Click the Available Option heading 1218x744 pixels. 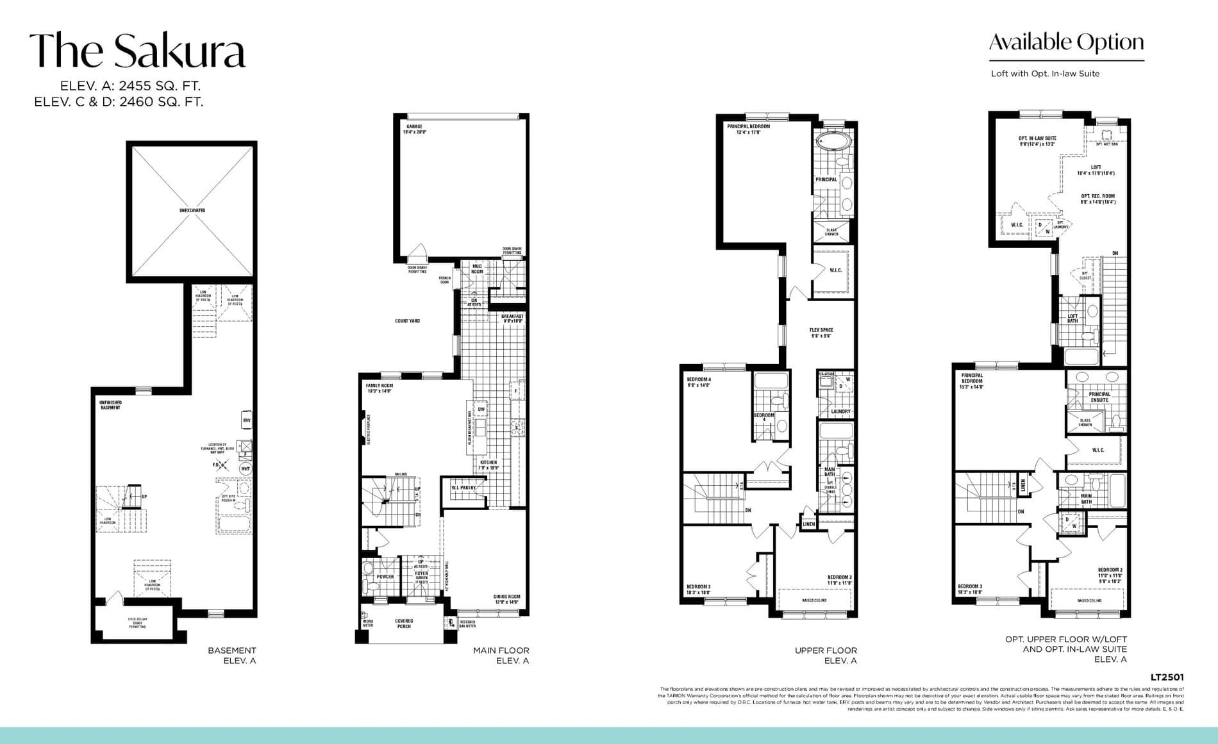pyautogui.click(x=1066, y=42)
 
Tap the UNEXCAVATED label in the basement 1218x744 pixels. pyautogui.click(x=192, y=210)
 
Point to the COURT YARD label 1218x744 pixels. pyautogui.click(x=408, y=320)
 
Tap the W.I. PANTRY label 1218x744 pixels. pyautogui.click(x=463, y=488)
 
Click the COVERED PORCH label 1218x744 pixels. pyautogui.click(x=404, y=623)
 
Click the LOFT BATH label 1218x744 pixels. pyautogui.click(x=1072, y=318)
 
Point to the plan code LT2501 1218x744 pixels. pyautogui.click(x=1167, y=677)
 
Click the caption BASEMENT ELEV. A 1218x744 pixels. pyautogui.click(x=231, y=655)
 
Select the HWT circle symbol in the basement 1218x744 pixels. pyautogui.click(x=245, y=469)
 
